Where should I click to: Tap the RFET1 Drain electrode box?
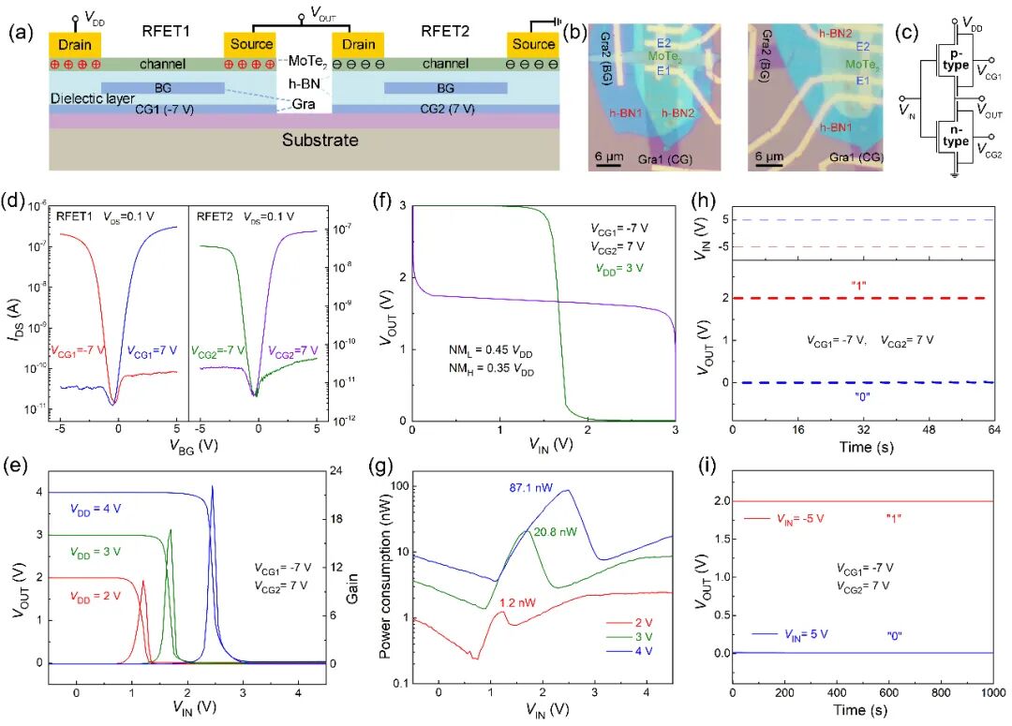coord(74,44)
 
